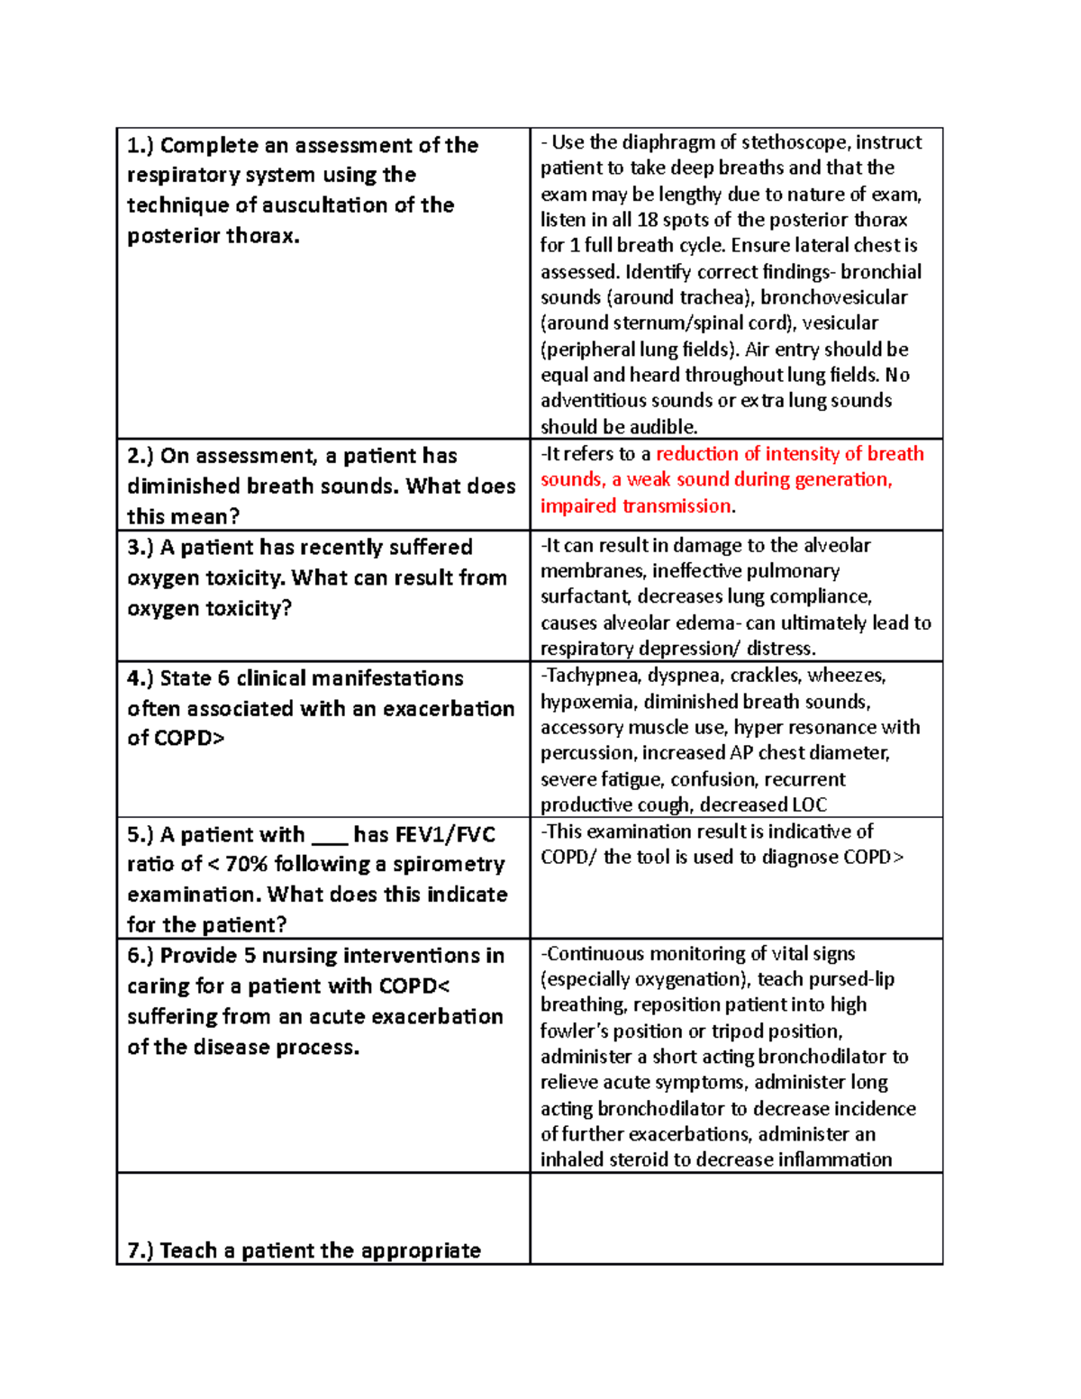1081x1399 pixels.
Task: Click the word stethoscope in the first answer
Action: pyautogui.click(x=795, y=142)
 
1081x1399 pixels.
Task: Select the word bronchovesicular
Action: pyautogui.click(x=833, y=297)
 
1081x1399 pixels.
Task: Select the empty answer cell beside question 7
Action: pyautogui.click(x=736, y=1218)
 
